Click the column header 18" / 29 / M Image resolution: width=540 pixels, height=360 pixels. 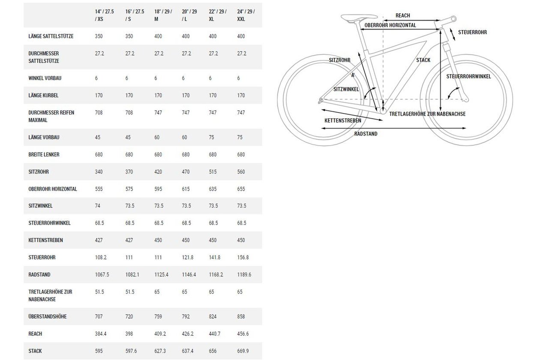pos(163,15)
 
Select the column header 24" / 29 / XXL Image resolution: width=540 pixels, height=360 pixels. pos(246,15)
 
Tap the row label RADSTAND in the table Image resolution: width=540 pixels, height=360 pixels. pos(39,275)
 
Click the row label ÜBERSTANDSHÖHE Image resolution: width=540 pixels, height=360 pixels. pos(48,316)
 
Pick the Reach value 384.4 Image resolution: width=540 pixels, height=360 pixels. pos(101,334)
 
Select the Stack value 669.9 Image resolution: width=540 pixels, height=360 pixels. pos(243,351)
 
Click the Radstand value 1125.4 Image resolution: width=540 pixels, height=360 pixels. pos(161,275)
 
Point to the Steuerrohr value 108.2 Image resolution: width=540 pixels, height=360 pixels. pos(101,257)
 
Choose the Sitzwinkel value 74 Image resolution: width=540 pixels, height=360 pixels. pos(97,206)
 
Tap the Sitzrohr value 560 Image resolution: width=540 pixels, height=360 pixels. pos(241,172)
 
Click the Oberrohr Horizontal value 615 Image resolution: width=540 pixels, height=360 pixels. pos(186,189)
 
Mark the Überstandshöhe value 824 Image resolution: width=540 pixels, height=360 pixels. pos(213,316)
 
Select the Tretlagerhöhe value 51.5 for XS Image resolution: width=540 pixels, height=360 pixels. pos(99,292)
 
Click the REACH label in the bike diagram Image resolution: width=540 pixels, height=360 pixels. pos(402,15)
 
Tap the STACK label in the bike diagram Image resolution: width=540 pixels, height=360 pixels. pos(423,60)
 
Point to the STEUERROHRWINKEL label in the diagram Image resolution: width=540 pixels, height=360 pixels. pos(468,76)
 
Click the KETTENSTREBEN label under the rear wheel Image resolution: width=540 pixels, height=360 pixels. pos(342,120)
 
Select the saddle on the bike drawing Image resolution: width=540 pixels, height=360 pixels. pos(359,18)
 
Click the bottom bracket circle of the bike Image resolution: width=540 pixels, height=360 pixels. pos(383,111)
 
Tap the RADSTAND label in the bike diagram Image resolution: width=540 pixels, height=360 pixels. pos(366,134)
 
